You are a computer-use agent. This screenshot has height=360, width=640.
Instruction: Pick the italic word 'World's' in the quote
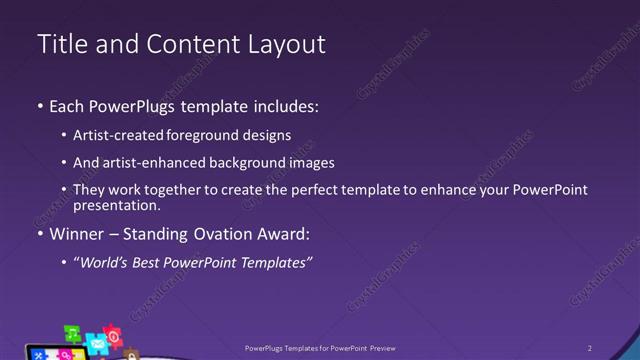pos(108,263)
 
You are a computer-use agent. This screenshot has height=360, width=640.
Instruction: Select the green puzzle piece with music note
pos(73,333)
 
